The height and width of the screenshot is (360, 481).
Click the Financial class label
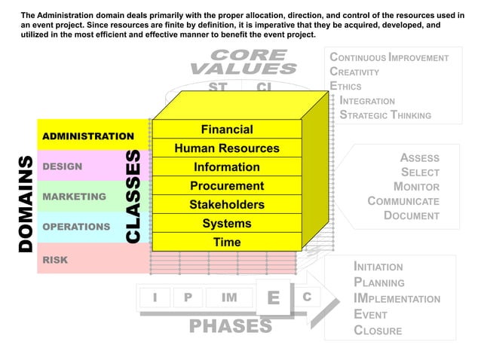(226, 130)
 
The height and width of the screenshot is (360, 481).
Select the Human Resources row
(226, 148)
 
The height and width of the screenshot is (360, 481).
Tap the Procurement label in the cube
(226, 185)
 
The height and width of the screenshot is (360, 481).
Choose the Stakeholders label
(226, 204)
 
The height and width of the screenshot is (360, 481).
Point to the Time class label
(226, 242)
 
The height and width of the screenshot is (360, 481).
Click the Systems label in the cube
(226, 223)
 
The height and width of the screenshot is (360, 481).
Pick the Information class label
(226, 166)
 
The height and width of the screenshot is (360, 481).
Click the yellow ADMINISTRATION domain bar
(88, 136)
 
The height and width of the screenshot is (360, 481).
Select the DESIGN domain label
(63, 166)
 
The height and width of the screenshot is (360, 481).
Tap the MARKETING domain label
(74, 197)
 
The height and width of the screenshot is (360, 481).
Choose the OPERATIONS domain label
(77, 227)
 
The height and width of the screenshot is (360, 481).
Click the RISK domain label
(55, 260)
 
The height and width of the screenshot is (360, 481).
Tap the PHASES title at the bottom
(230, 326)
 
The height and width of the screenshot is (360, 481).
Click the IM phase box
(228, 297)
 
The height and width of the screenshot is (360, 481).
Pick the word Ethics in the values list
(346, 87)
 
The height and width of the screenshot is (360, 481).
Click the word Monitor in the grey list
(416, 187)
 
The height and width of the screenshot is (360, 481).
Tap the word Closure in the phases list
(378, 331)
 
